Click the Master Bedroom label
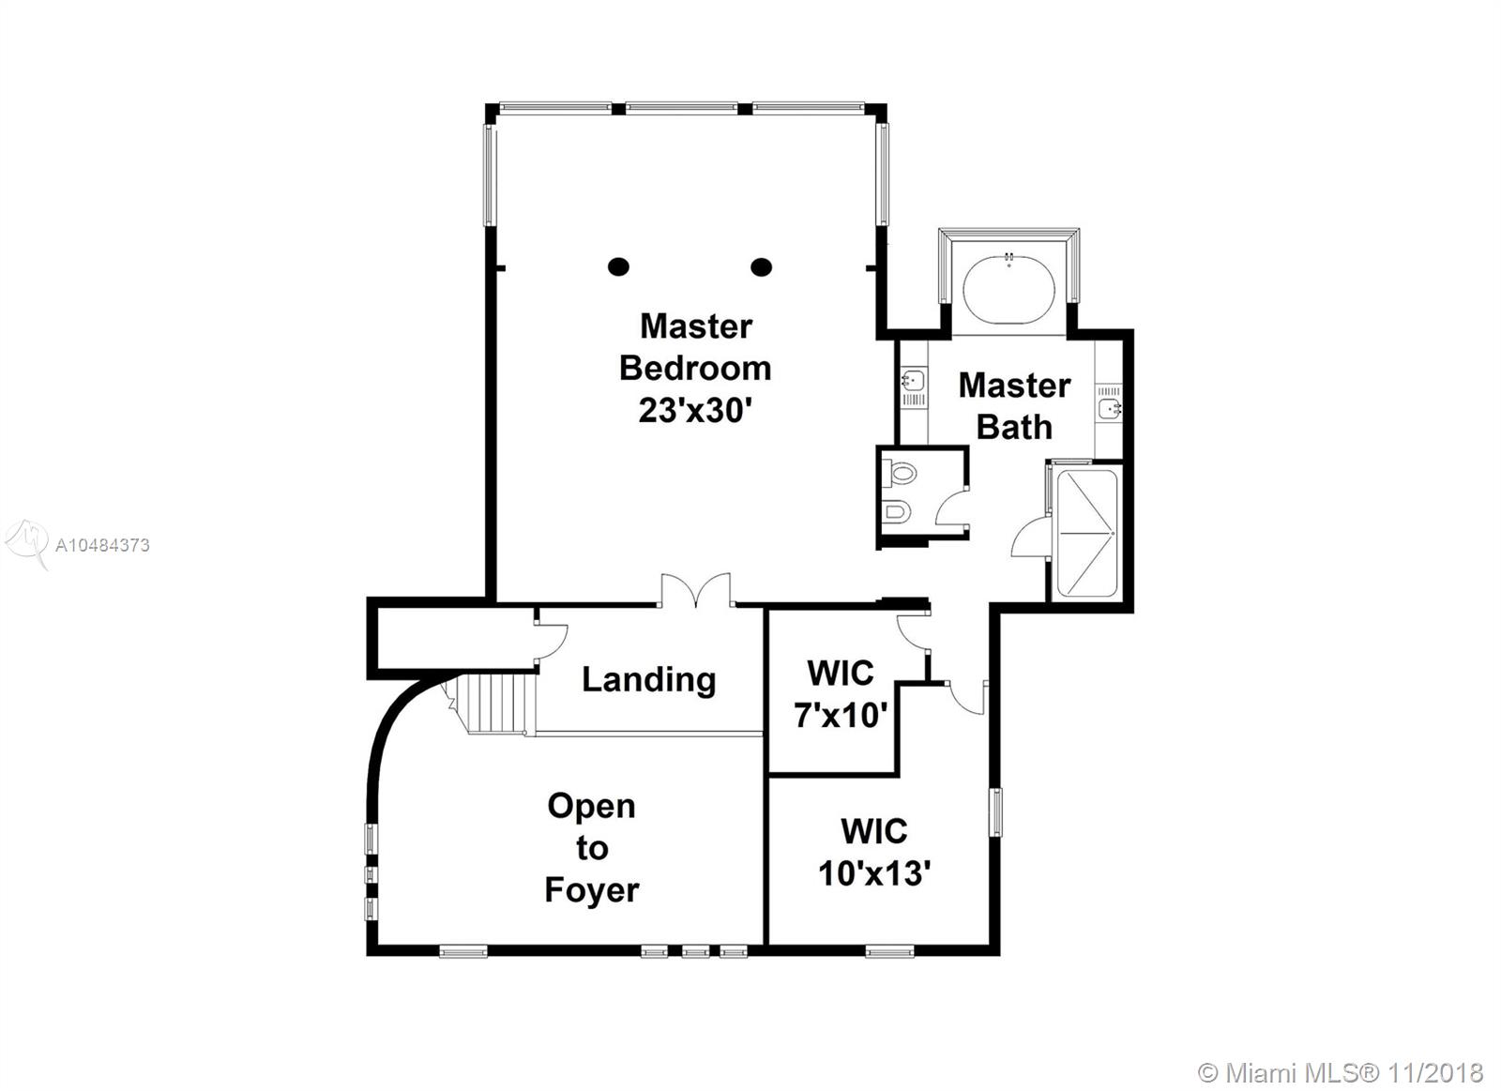[695, 347]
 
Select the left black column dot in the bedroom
[618, 266]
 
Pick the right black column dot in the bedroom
[761, 266]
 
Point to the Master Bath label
[1014, 406]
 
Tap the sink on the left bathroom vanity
[912, 381]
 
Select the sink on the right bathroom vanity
[1110, 407]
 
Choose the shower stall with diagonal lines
[1086, 533]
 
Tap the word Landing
[648, 679]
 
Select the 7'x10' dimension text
[841, 716]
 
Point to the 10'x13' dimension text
[873, 873]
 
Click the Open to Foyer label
[592, 848]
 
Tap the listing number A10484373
[102, 546]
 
